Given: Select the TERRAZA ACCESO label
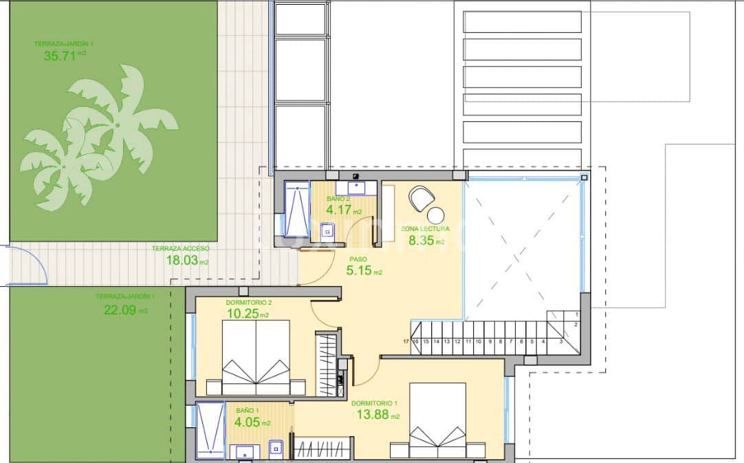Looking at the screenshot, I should [180, 248].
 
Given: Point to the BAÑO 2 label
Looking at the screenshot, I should [338, 200].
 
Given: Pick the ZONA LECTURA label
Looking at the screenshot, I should [425, 228].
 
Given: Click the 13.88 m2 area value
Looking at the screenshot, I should [375, 415].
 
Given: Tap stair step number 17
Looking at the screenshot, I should [406, 341].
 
